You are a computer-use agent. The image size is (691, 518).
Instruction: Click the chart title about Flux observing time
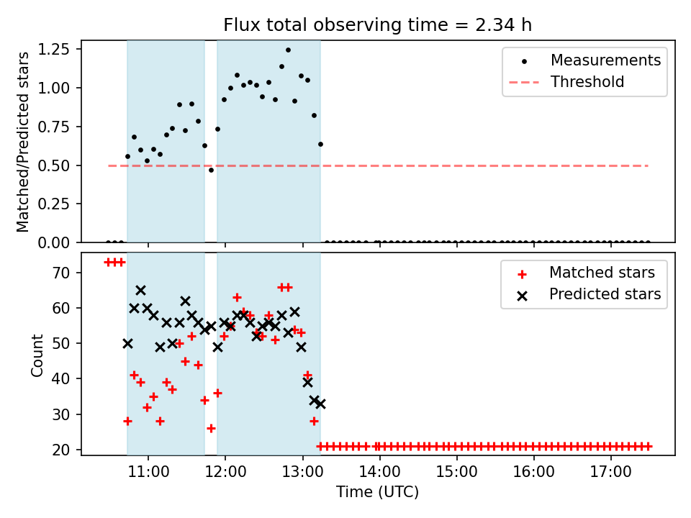[x=377, y=25]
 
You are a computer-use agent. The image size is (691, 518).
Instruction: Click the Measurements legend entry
[x=605, y=60]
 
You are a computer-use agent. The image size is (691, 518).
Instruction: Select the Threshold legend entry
[x=587, y=82]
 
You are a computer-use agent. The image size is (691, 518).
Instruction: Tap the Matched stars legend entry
[x=602, y=273]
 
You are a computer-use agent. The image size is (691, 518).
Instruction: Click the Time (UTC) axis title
[x=377, y=493]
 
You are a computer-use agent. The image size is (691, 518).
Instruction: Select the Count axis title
[x=37, y=355]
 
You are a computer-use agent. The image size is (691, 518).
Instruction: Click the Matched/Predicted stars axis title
[x=24, y=142]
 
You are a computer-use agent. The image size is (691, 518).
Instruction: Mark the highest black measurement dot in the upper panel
[x=288, y=50]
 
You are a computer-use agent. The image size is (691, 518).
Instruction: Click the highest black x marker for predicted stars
[x=140, y=290]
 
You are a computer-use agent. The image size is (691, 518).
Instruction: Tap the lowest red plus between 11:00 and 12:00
[x=211, y=428]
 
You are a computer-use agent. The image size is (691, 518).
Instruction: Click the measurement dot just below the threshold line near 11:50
[x=211, y=170]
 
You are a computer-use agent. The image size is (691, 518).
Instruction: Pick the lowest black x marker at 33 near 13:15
[x=320, y=404]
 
